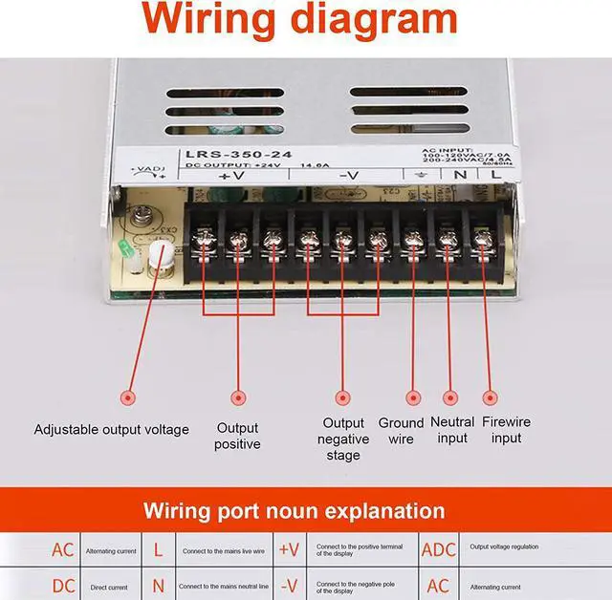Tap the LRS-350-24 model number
pos(227,154)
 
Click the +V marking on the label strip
pos(231,175)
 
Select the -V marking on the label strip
pos(349,175)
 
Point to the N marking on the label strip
pos(460,174)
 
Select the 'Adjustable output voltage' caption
pos(112,429)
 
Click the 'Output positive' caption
pos(237,436)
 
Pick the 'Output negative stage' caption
pos(343,439)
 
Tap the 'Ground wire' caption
pos(401,430)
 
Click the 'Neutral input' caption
pos(452,429)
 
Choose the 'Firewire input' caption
pos(506,429)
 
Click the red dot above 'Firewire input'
pos(491,396)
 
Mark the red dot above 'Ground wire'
pos(414,396)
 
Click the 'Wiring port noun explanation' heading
pos(294,510)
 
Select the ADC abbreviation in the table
pos(439,549)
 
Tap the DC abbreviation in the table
pos(62,586)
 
